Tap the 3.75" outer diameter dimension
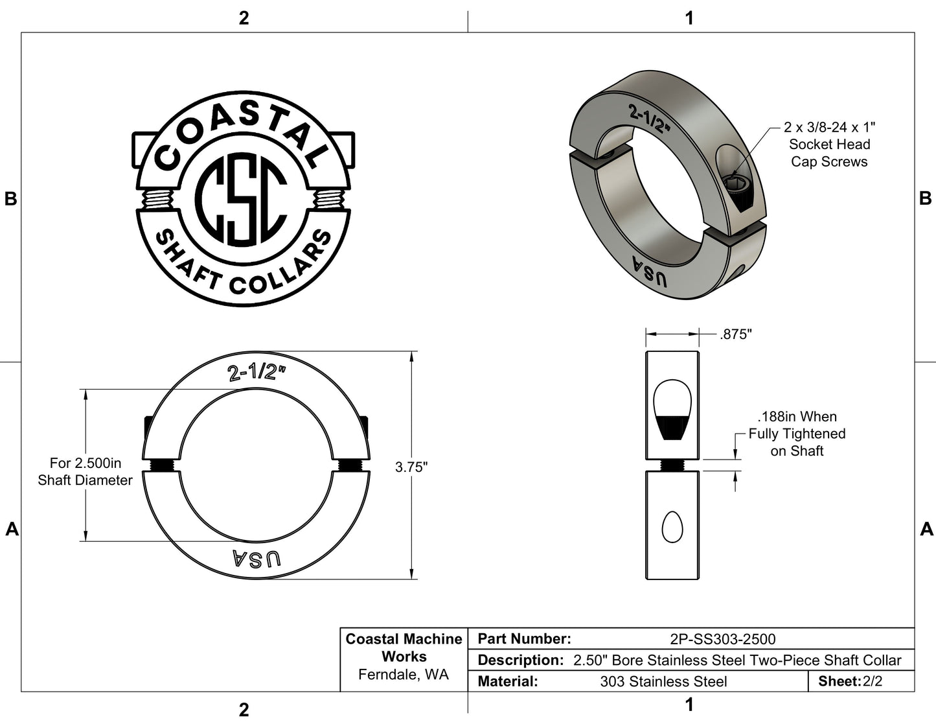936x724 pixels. [x=411, y=467]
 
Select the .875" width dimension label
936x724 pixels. [x=735, y=334]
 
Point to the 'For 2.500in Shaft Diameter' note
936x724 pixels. [x=85, y=472]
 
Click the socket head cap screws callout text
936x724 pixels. [x=829, y=145]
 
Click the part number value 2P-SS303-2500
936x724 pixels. [x=722, y=639]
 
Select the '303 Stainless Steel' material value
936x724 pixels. [x=663, y=681]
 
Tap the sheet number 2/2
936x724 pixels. [x=873, y=681]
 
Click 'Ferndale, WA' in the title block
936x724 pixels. [x=404, y=675]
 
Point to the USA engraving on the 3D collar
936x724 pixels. [x=648, y=273]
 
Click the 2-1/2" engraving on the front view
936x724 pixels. [x=257, y=372]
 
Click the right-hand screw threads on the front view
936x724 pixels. [x=350, y=465]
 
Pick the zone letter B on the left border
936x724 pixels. [x=10, y=199]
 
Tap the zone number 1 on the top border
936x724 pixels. [x=689, y=18]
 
